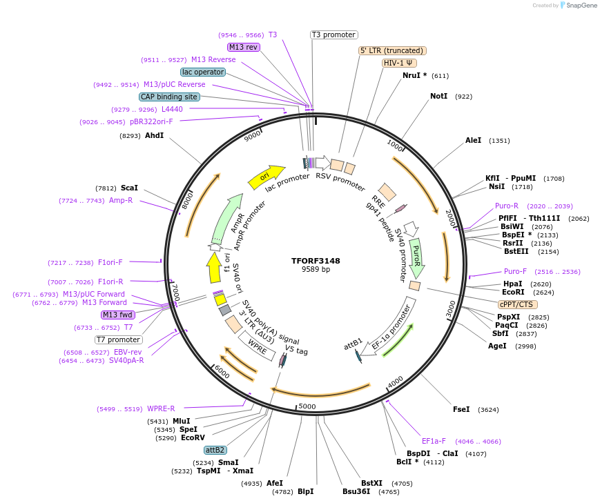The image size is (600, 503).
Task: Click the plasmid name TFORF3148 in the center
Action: [x=316, y=261]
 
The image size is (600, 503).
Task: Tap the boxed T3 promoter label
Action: [x=333, y=34]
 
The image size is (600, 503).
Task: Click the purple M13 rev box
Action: [x=244, y=47]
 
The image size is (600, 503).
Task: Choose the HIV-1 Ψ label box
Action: [x=399, y=63]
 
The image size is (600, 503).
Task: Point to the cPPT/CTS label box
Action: [x=516, y=304]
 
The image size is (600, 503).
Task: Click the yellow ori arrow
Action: [x=267, y=176]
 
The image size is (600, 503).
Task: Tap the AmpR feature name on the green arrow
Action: [x=237, y=221]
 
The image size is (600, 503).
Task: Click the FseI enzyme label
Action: [x=461, y=409]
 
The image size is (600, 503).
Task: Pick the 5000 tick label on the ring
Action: [x=307, y=406]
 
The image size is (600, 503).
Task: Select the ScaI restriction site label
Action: [x=129, y=188]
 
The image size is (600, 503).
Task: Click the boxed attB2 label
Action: [x=215, y=450]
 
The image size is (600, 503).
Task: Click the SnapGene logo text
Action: [x=579, y=6]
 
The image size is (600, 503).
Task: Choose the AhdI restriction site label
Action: [x=154, y=135]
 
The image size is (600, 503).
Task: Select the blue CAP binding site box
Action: [x=169, y=97]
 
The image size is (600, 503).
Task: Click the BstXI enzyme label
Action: [x=371, y=483]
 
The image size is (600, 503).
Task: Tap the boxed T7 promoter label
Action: [x=119, y=339]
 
